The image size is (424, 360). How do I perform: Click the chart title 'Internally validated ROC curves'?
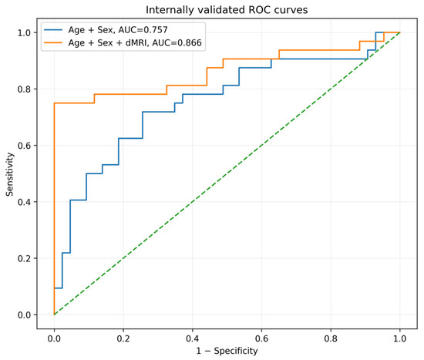(227, 10)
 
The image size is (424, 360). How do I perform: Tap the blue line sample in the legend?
(53, 30)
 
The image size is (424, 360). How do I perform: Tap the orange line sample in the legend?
(53, 42)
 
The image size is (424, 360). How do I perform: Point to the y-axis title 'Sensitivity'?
(10, 174)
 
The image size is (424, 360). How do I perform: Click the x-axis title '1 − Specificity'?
(227, 351)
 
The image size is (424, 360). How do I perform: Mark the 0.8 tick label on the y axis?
(24, 89)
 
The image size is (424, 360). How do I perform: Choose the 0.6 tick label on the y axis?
(24, 146)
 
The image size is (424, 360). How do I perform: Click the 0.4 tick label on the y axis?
(24, 202)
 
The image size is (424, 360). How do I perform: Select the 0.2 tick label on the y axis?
(24, 258)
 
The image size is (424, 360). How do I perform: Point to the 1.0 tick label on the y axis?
(24, 32)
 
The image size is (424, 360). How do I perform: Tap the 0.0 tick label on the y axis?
(24, 315)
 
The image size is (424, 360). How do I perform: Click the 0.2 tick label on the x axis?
(123, 338)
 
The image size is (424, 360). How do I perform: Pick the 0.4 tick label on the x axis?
(192, 338)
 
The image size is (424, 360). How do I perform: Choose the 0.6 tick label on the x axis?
(261, 338)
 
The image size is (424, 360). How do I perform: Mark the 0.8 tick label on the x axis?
(331, 338)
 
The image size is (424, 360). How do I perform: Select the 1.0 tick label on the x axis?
(399, 338)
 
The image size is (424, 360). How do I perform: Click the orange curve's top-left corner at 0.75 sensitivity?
(55, 103)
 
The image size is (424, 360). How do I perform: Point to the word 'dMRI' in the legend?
(136, 42)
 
